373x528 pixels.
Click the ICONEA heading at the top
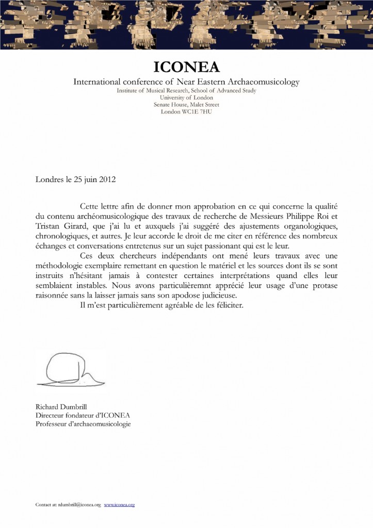click(186, 67)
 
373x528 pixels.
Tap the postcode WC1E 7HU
click(198, 111)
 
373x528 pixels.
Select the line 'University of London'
click(186, 97)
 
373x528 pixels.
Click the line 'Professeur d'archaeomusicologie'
click(83, 424)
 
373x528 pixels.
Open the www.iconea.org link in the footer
click(120, 505)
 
